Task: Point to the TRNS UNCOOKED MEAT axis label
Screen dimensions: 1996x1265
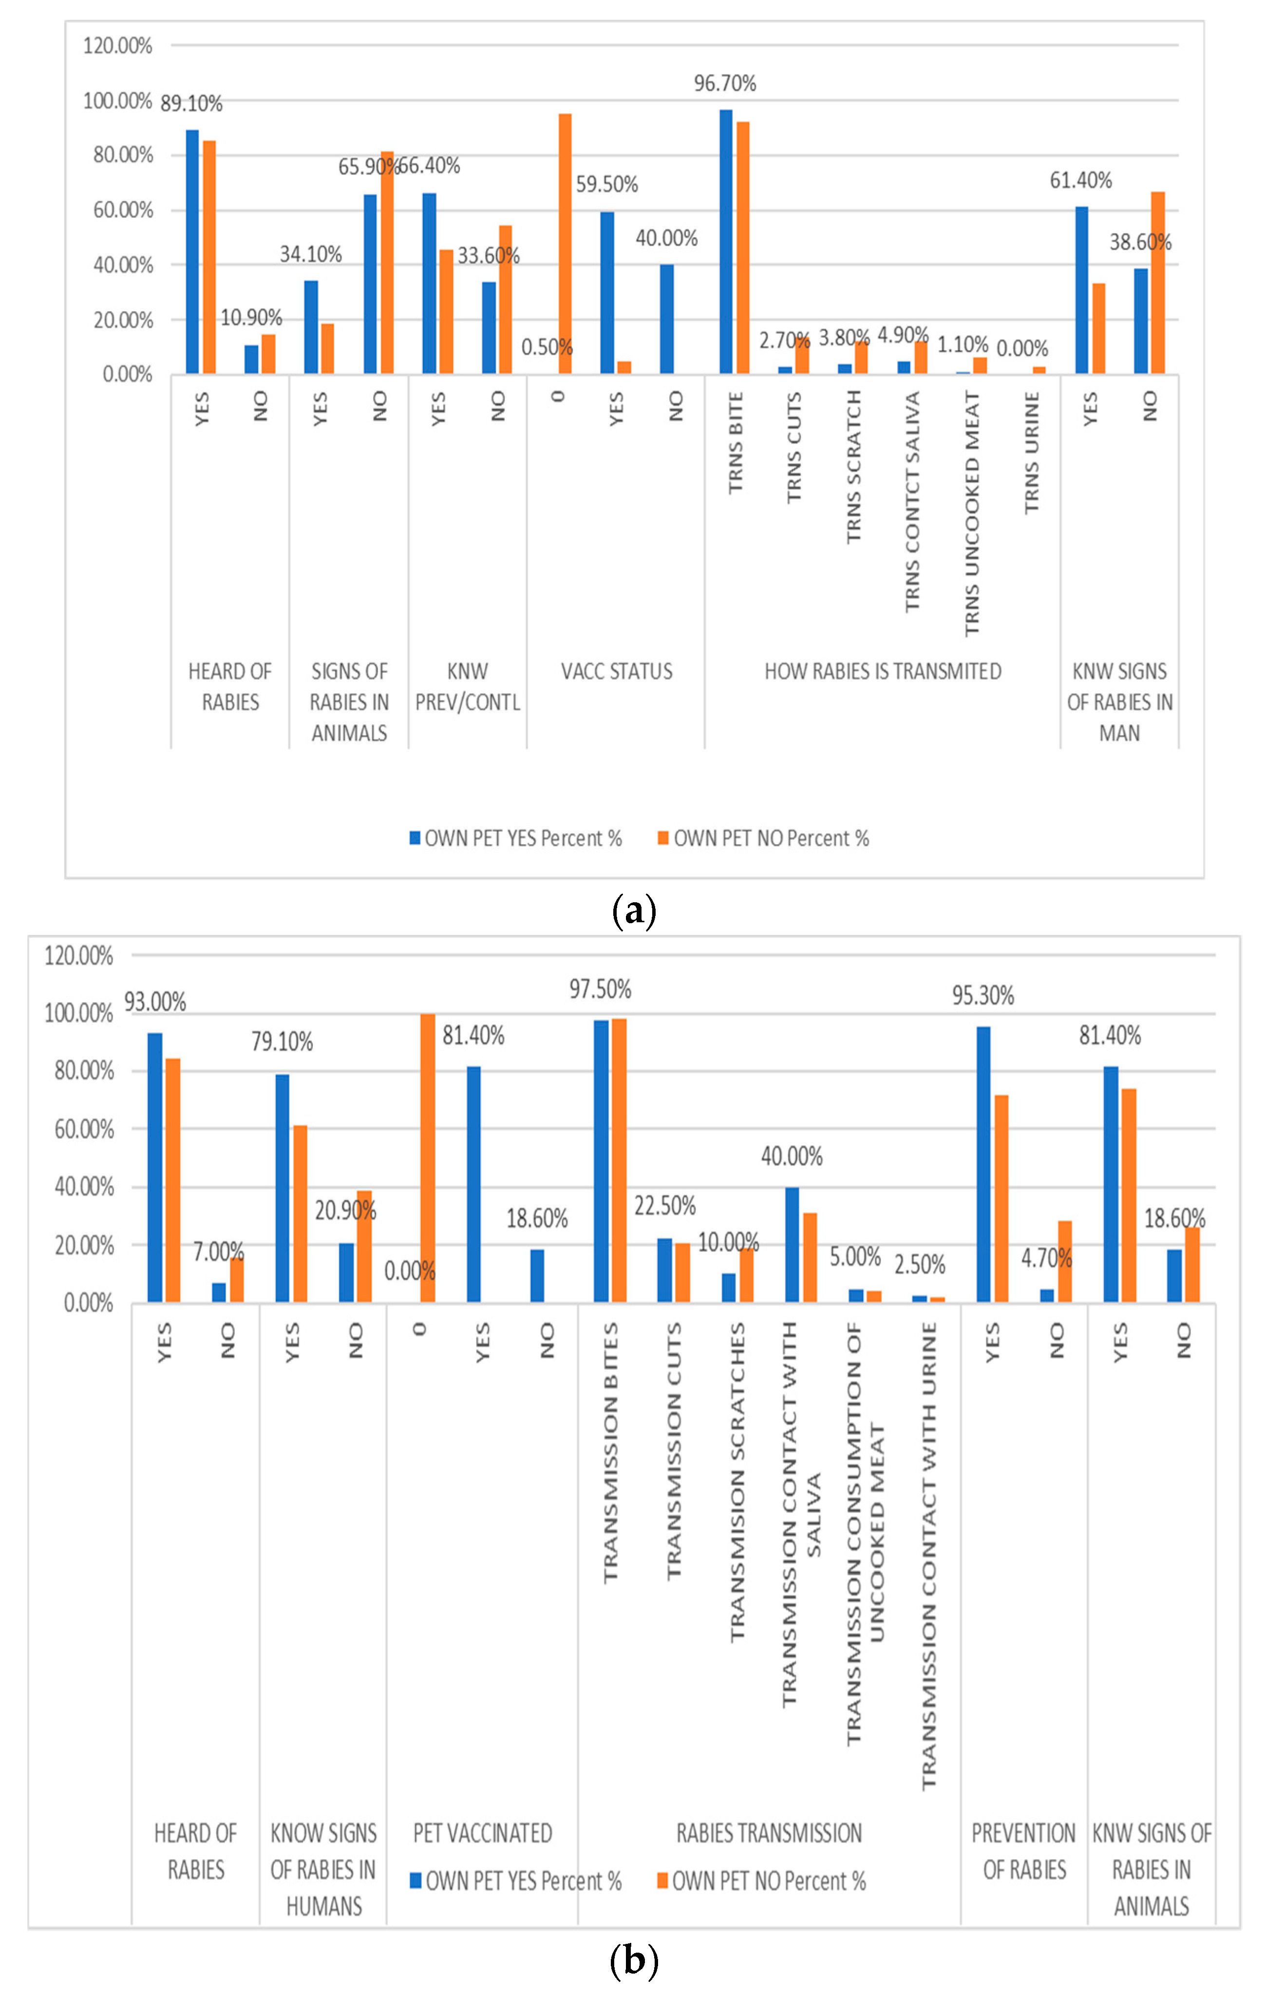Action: pyautogui.click(x=972, y=514)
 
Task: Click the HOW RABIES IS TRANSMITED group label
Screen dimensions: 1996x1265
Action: pyautogui.click(x=882, y=671)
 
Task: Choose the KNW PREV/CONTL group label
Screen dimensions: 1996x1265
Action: pyautogui.click(x=468, y=686)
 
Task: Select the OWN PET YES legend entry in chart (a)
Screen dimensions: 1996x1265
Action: pyautogui.click(x=516, y=839)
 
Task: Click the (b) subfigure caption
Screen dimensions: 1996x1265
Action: pyautogui.click(x=633, y=1961)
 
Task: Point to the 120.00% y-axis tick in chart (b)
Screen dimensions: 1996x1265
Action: pyautogui.click(x=79, y=956)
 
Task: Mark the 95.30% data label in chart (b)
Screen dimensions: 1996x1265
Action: pyautogui.click(x=982, y=995)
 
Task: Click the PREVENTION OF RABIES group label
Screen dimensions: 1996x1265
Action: pyautogui.click(x=1024, y=1851)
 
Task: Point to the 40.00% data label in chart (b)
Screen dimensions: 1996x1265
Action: pyautogui.click(x=792, y=1156)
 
